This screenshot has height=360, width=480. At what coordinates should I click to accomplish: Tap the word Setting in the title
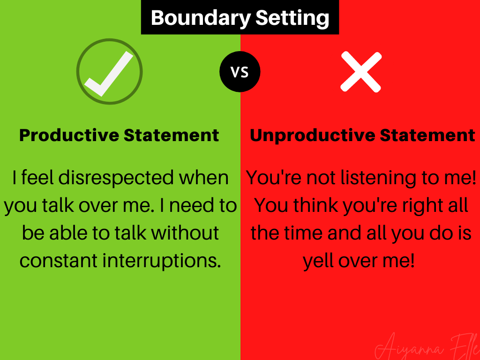(292, 18)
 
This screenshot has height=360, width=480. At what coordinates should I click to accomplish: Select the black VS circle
(240, 72)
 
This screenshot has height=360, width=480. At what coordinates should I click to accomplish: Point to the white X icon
(360, 72)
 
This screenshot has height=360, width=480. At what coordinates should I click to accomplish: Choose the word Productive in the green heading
(69, 135)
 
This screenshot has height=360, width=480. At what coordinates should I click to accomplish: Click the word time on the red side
(307, 233)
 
